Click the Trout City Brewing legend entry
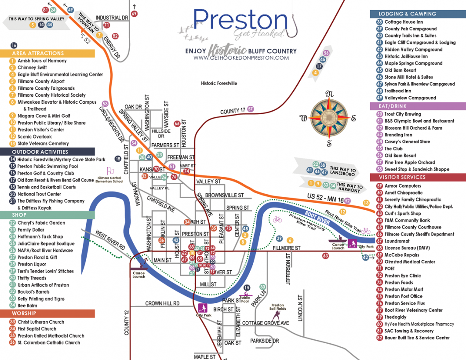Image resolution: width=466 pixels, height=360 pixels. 402,114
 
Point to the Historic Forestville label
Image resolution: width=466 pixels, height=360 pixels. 219,83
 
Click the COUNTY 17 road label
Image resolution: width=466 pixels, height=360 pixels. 233,111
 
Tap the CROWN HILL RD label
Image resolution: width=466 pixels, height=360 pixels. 162,303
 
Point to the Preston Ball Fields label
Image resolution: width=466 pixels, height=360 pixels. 277,307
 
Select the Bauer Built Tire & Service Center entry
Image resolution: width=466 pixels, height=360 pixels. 417,338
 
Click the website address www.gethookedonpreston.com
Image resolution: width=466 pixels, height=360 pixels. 240,58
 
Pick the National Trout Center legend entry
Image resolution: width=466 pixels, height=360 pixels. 39,194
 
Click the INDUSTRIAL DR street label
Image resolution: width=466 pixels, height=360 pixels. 111,18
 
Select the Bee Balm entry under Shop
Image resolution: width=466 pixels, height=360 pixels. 27,305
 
